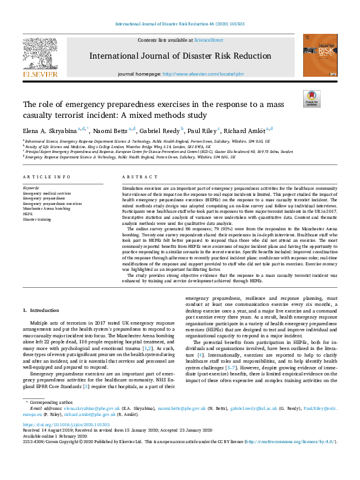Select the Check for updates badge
pos(312,99)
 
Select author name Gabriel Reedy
pos(159,130)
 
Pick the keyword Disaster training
pos(37,219)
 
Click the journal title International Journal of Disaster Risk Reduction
pos(180,56)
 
